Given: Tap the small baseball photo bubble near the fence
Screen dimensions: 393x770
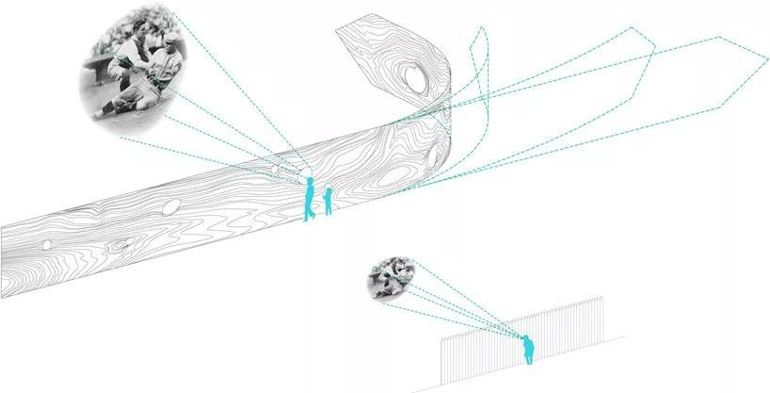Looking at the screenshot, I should point(389,277).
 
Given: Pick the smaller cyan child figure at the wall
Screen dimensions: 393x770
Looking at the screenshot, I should point(328,201).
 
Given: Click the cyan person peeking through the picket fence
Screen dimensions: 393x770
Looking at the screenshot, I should point(528,350).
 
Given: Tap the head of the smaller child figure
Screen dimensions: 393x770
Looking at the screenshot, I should point(329,191).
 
